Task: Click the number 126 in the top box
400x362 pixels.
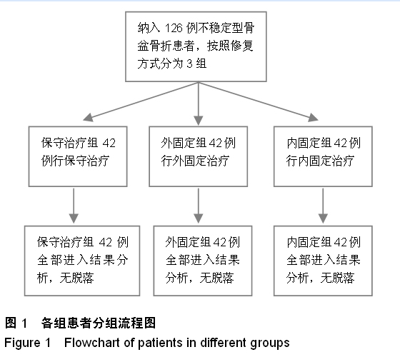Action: click(x=174, y=28)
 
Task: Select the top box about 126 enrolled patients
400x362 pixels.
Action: click(x=196, y=46)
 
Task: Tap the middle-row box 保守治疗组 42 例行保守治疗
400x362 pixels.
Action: click(x=78, y=156)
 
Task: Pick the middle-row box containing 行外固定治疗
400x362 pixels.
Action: click(x=199, y=156)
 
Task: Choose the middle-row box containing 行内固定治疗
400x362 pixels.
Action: click(x=323, y=156)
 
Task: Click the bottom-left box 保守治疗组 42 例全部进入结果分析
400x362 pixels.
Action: click(x=82, y=261)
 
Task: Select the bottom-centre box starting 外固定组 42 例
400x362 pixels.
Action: click(x=203, y=261)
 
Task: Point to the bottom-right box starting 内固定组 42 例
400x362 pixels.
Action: click(x=323, y=261)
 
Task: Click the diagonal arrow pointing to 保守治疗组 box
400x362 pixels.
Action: click(x=141, y=101)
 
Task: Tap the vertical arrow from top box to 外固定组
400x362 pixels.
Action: click(x=199, y=104)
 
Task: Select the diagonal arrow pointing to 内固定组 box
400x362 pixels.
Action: click(x=258, y=101)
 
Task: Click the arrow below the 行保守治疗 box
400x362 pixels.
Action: click(x=74, y=206)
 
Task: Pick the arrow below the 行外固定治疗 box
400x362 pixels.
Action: click(x=199, y=206)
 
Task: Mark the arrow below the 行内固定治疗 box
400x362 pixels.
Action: click(x=323, y=206)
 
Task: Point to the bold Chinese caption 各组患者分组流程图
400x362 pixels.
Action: click(x=99, y=323)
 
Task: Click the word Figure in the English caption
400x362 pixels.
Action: click(x=22, y=343)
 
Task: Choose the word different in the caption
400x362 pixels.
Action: click(x=224, y=343)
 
